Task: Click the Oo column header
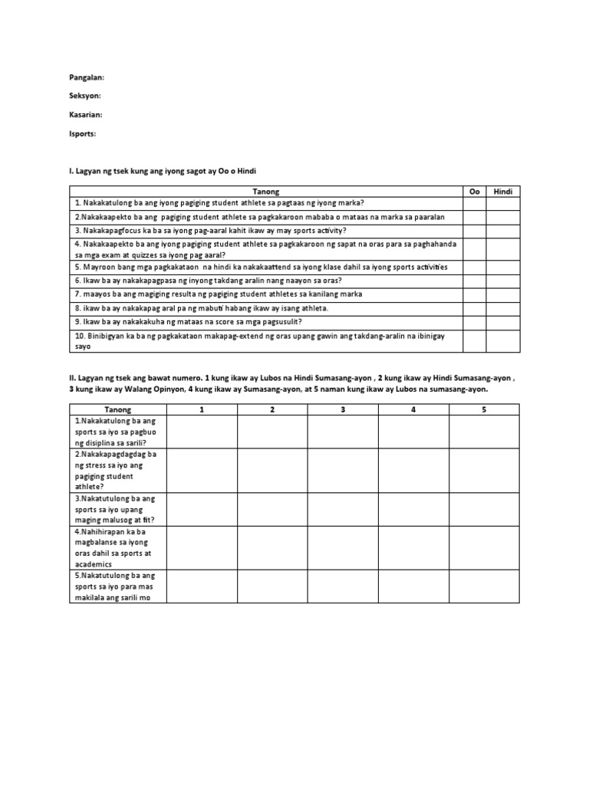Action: click(x=473, y=191)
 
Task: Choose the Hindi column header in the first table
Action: click(x=502, y=191)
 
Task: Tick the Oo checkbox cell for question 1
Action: click(x=473, y=202)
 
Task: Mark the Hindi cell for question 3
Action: click(x=502, y=229)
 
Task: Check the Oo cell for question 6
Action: click(x=473, y=281)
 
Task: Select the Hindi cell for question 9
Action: click(x=502, y=321)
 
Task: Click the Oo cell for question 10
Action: click(x=473, y=341)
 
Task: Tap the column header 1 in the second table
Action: click(x=202, y=410)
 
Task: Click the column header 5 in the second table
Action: click(x=484, y=410)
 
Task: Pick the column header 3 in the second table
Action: click(x=343, y=410)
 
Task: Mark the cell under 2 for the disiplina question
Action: click(x=272, y=432)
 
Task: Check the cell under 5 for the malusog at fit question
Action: click(x=484, y=509)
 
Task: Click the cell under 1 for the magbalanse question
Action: click(x=202, y=547)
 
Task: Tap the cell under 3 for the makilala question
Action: click(x=343, y=586)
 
